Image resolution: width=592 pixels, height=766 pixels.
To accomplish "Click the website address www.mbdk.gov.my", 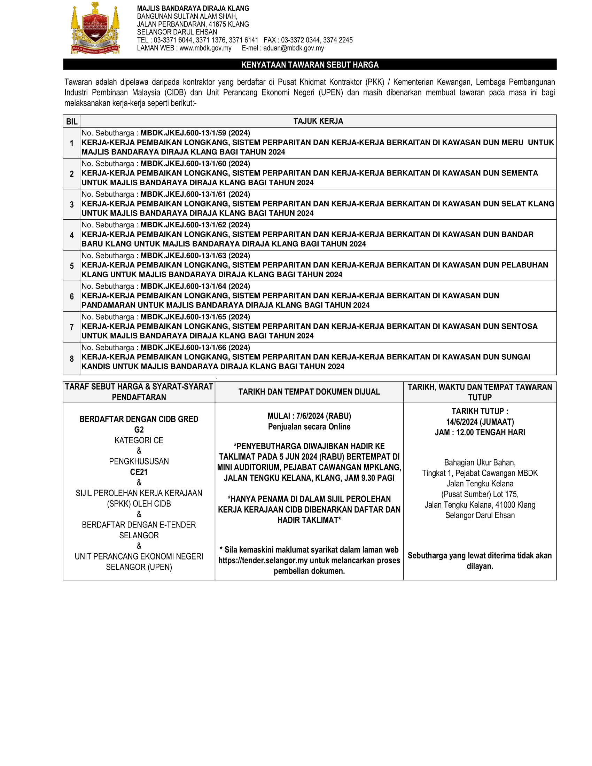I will tap(205, 48).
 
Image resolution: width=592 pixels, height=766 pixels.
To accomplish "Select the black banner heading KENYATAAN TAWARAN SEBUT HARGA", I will tap(310, 65).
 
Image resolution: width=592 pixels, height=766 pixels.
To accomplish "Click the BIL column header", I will tap(71, 122).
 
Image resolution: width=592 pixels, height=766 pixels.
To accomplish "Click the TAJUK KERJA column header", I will tap(318, 121).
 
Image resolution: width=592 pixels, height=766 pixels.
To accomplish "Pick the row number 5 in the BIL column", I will tap(71, 266).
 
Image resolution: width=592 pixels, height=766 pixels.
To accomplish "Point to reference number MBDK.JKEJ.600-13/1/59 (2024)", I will tap(195, 133).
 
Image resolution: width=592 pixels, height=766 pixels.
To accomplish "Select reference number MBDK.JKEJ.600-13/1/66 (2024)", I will tap(195, 347).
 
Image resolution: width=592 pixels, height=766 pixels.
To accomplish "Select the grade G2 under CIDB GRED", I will tap(139, 430).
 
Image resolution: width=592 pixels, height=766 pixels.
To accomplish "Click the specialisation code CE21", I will tap(139, 472).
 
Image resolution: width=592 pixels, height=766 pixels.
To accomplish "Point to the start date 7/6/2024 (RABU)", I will tap(324, 416).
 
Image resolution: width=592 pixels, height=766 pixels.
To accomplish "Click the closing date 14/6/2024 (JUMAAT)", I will tap(480, 422).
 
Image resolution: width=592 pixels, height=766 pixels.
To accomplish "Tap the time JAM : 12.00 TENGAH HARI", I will tap(480, 432).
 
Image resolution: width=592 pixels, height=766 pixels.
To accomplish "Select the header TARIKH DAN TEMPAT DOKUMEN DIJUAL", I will tap(309, 392).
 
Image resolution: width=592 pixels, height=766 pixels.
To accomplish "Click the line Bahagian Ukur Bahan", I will tap(480, 463).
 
